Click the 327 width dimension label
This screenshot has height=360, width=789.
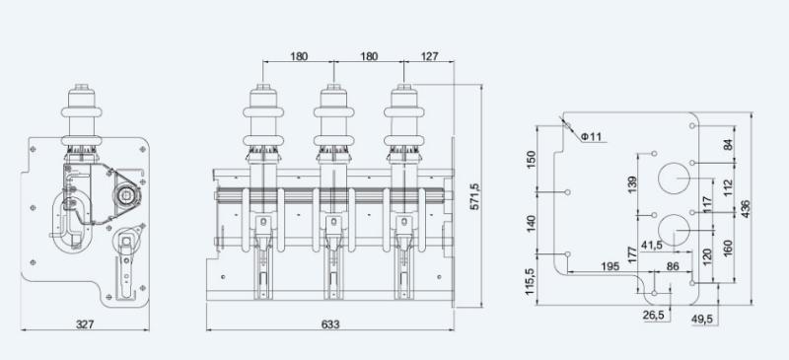(x=85, y=324)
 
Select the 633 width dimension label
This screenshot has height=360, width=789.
(x=330, y=324)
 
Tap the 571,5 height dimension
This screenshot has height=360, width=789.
(x=473, y=196)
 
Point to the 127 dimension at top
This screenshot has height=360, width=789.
(x=429, y=56)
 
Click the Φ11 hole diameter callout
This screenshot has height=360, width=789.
(x=591, y=136)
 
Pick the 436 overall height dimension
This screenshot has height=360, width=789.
(x=746, y=209)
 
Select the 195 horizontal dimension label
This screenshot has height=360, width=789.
(x=610, y=266)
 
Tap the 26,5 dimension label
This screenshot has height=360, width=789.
(x=654, y=316)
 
